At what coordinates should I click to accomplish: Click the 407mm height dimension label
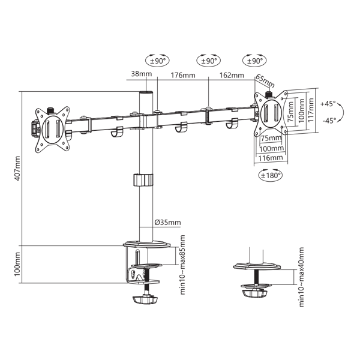pyautogui.click(x=17, y=168)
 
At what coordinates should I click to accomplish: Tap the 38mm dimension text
pyautogui.click(x=142, y=74)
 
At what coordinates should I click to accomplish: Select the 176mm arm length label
pyautogui.click(x=183, y=76)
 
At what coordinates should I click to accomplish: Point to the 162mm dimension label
pyautogui.click(x=232, y=76)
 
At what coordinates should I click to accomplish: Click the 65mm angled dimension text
pyautogui.click(x=265, y=81)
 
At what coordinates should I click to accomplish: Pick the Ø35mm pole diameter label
pyautogui.click(x=167, y=222)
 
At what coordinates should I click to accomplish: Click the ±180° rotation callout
pyautogui.click(x=271, y=175)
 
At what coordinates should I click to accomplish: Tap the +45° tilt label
pyautogui.click(x=328, y=104)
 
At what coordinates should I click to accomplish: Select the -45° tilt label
pyautogui.click(x=329, y=120)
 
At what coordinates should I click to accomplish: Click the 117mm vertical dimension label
pyautogui.click(x=311, y=110)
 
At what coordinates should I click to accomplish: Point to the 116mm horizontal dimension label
pyautogui.click(x=271, y=158)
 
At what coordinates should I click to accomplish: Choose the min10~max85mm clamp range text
pyautogui.click(x=182, y=265)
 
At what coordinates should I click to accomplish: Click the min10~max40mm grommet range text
pyautogui.click(x=301, y=277)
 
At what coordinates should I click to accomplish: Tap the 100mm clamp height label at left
pyautogui.click(x=17, y=264)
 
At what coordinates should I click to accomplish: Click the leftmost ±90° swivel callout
pyautogui.click(x=157, y=61)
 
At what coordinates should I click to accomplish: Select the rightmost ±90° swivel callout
pyautogui.click(x=254, y=61)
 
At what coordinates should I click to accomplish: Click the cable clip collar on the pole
pyautogui.click(x=143, y=180)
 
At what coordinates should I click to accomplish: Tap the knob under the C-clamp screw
pyautogui.click(x=145, y=300)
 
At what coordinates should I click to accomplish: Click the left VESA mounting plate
pyautogui.click(x=53, y=130)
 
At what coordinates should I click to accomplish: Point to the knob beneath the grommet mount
pyautogui.click(x=254, y=293)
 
